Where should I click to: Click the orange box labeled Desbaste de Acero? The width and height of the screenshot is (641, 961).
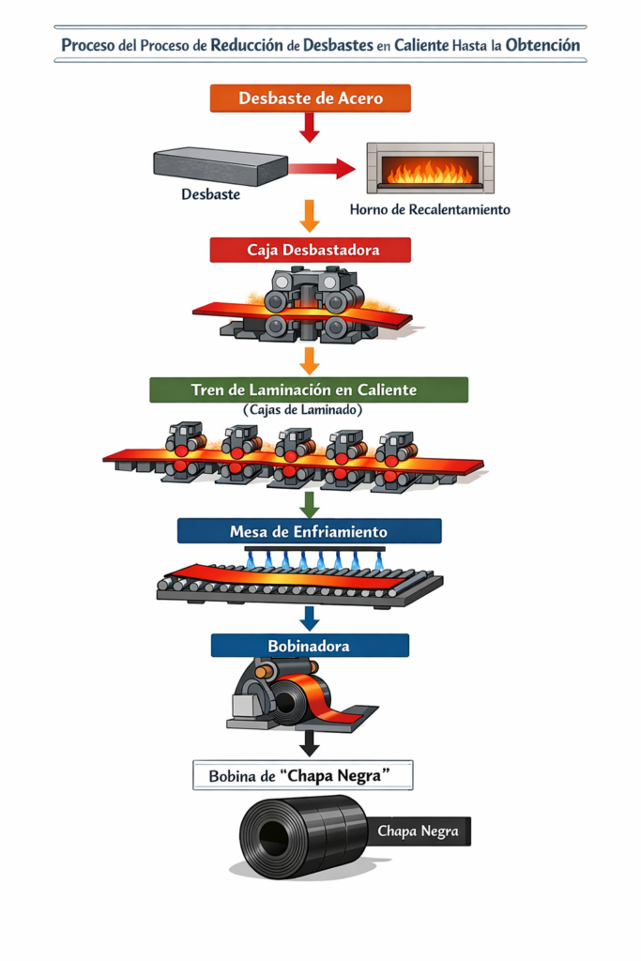310,98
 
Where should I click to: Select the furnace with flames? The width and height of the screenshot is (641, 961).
430,168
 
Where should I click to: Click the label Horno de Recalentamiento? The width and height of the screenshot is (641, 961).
430,209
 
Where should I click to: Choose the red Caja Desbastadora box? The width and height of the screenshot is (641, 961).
310,250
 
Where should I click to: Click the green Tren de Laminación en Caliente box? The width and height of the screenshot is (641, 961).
309,389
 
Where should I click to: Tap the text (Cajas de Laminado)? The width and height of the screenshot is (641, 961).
309,410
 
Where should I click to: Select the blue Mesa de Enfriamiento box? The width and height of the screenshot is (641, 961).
309,531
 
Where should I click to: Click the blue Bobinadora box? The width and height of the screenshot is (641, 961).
310,646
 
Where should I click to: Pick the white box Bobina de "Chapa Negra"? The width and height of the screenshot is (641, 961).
302,776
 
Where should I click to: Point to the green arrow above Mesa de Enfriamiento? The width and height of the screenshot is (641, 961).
309,504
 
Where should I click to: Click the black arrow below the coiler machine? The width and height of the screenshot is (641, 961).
309,743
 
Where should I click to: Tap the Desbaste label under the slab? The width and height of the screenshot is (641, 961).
210,195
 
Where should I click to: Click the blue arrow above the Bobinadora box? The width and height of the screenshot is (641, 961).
309,618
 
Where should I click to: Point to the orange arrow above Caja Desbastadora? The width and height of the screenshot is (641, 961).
309,216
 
